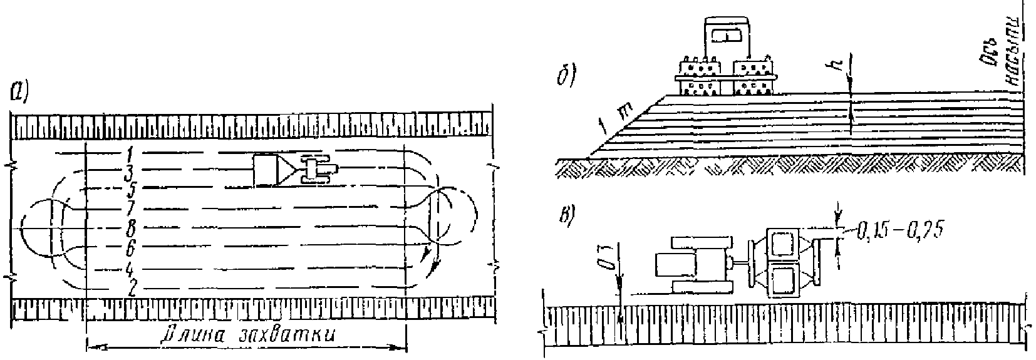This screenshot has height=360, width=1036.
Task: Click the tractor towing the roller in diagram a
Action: click(319, 169)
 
